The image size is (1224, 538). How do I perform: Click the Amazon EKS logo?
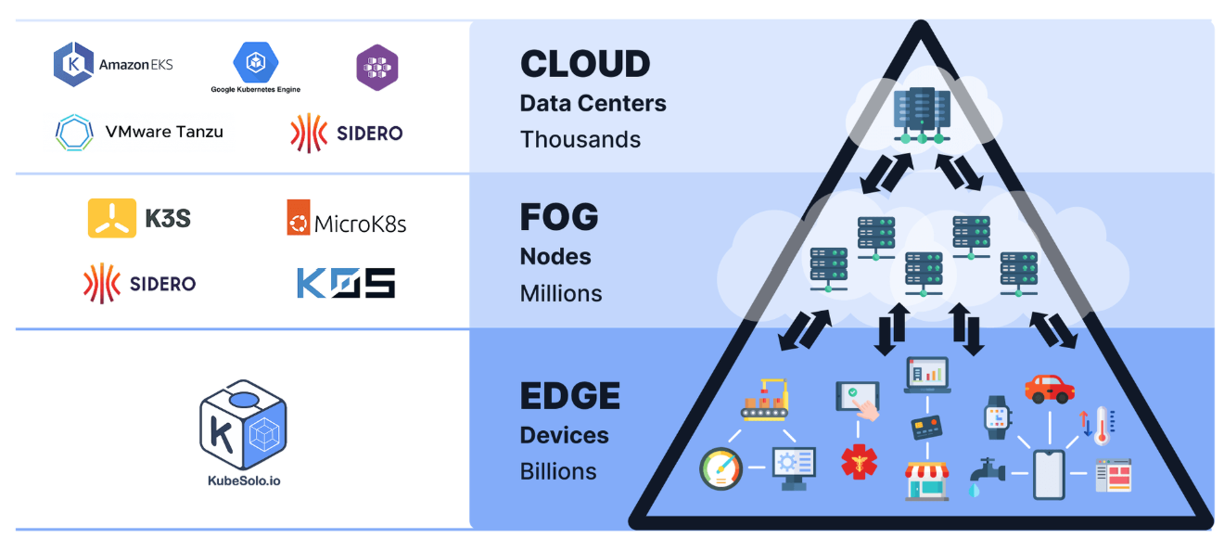click(x=113, y=65)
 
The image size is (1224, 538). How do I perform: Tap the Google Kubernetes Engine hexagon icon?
click(x=256, y=62)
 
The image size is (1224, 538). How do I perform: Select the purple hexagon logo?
click(x=377, y=67)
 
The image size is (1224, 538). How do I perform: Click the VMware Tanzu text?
click(x=164, y=132)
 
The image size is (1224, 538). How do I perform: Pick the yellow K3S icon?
click(x=112, y=218)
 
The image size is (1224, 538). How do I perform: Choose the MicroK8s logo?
click(x=347, y=218)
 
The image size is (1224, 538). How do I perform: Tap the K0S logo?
click(x=346, y=283)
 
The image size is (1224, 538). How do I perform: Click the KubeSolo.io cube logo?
click(x=243, y=425)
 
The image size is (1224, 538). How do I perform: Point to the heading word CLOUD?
click(x=585, y=64)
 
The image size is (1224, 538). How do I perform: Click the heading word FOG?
click(x=559, y=217)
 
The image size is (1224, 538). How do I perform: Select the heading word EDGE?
click(x=570, y=396)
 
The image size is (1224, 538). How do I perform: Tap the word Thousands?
click(x=580, y=139)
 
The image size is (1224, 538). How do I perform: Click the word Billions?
click(x=558, y=471)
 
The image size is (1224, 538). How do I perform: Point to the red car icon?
click(x=1049, y=389)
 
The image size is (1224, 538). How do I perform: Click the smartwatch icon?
click(x=997, y=417)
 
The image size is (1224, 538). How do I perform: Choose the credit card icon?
click(x=926, y=428)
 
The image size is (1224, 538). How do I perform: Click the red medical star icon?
click(x=859, y=462)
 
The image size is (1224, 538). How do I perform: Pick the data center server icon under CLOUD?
click(x=922, y=116)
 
